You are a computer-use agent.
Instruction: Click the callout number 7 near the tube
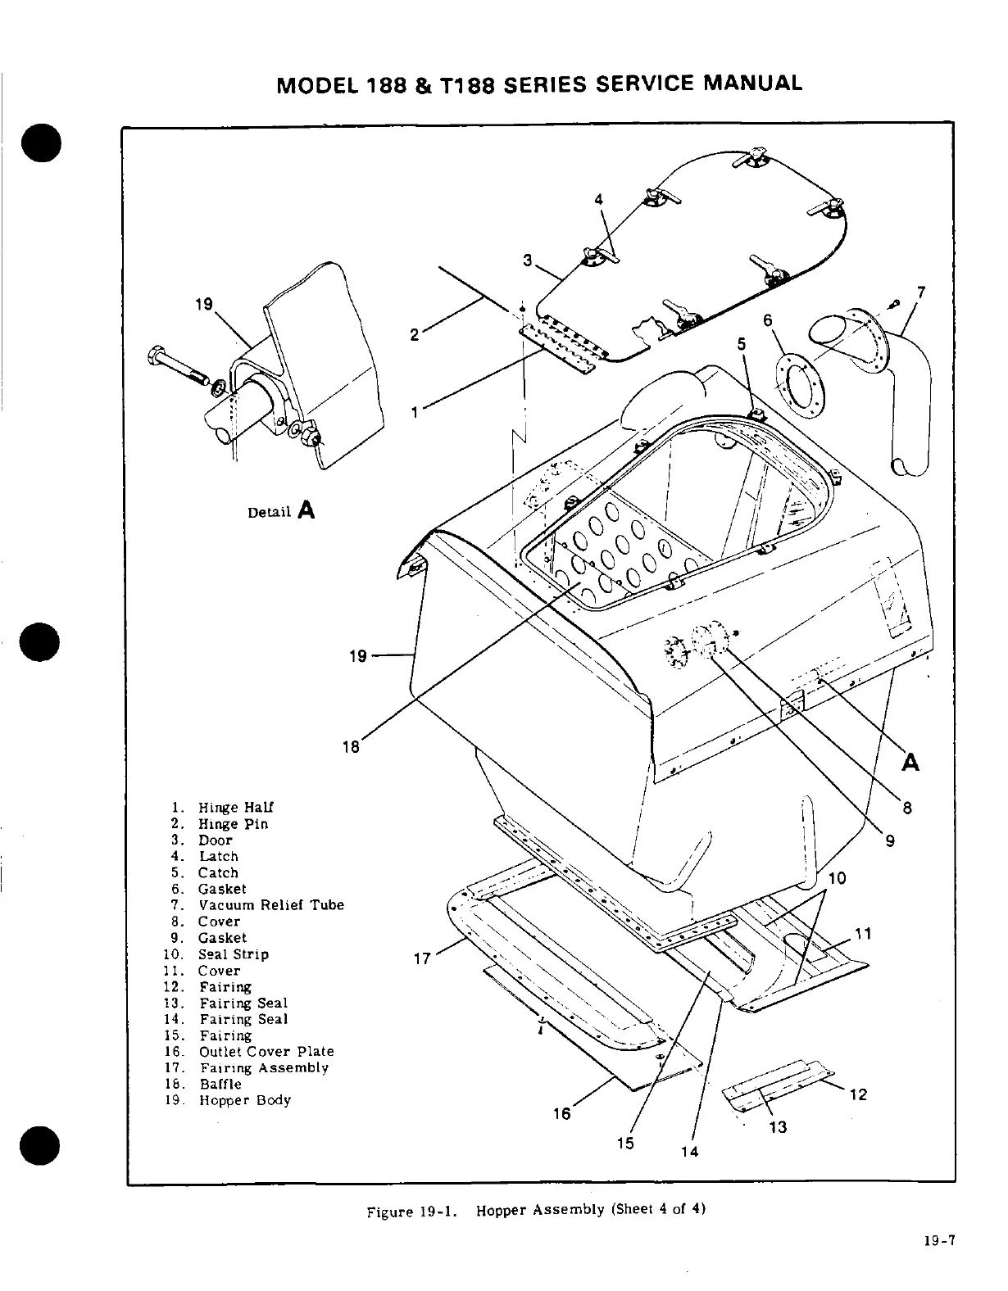pos(921,292)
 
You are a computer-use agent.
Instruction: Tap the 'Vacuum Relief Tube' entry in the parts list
pos(270,905)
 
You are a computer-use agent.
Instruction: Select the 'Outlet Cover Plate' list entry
pos(266,1052)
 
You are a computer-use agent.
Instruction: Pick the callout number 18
pos(351,746)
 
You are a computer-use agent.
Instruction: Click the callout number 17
pos(422,958)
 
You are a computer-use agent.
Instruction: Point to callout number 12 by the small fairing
pos(858,1094)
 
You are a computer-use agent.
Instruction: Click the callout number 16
pos(561,1114)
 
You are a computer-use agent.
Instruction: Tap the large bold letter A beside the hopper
pos(910,762)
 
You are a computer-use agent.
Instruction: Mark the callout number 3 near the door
pos(529,261)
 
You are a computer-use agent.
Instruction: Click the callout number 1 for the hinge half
pos(415,412)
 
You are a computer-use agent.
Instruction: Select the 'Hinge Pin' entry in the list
pos(233,824)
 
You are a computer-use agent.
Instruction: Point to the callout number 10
pos(837,879)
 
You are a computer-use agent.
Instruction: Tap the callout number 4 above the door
pos(599,199)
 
